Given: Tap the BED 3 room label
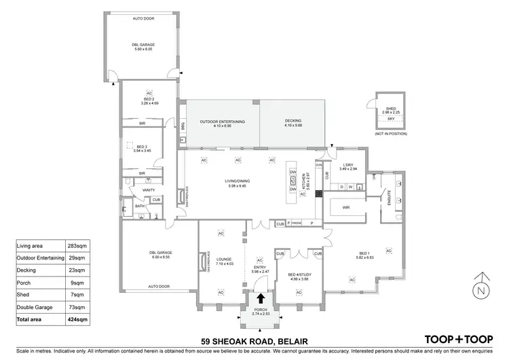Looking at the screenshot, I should (143, 149).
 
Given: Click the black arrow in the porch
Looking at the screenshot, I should (258, 300).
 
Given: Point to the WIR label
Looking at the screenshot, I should (345, 208).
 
